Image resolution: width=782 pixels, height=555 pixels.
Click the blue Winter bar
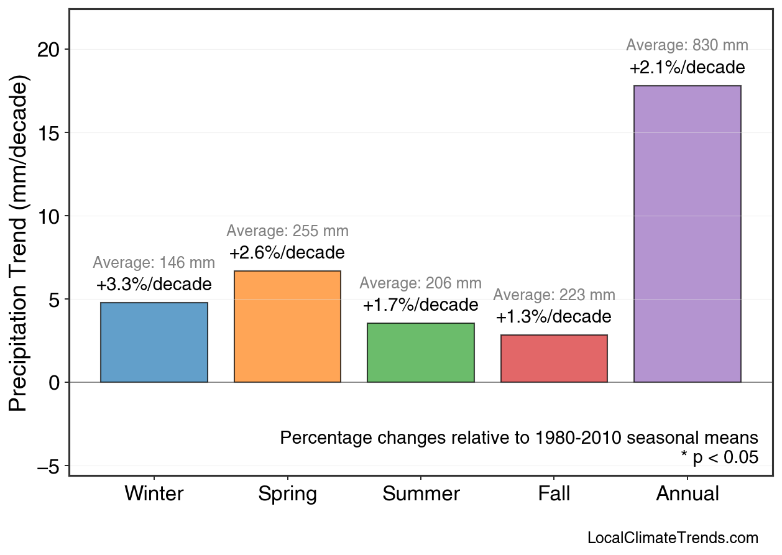pyautogui.click(x=154, y=342)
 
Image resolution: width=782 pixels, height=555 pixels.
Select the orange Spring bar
pyautogui.click(x=287, y=326)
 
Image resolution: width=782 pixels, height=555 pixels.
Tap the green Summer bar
pyautogui.click(x=421, y=352)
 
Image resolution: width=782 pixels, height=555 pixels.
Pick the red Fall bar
pyautogui.click(x=554, y=359)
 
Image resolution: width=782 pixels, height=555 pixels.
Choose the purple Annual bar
pyautogui.click(x=687, y=234)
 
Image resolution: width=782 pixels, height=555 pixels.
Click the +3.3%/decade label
pyautogui.click(x=154, y=285)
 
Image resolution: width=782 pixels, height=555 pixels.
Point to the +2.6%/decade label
pyautogui.click(x=287, y=254)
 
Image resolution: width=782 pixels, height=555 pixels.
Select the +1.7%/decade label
pyautogui.click(x=421, y=306)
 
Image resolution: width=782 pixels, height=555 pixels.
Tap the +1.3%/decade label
pyautogui.click(x=554, y=318)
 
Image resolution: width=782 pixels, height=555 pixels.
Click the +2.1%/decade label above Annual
pyautogui.click(x=687, y=68)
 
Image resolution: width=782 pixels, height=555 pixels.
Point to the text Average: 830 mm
pyautogui.click(x=687, y=45)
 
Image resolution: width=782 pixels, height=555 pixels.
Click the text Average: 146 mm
pyautogui.click(x=154, y=263)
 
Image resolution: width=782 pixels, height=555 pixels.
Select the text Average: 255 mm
pyautogui.click(x=287, y=231)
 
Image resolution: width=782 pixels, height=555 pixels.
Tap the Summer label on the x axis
pyautogui.click(x=421, y=494)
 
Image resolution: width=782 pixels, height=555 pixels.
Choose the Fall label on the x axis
pyautogui.click(x=554, y=494)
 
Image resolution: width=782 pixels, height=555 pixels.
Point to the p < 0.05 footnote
pyautogui.click(x=719, y=458)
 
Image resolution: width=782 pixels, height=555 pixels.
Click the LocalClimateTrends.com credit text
pyautogui.click(x=673, y=538)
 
